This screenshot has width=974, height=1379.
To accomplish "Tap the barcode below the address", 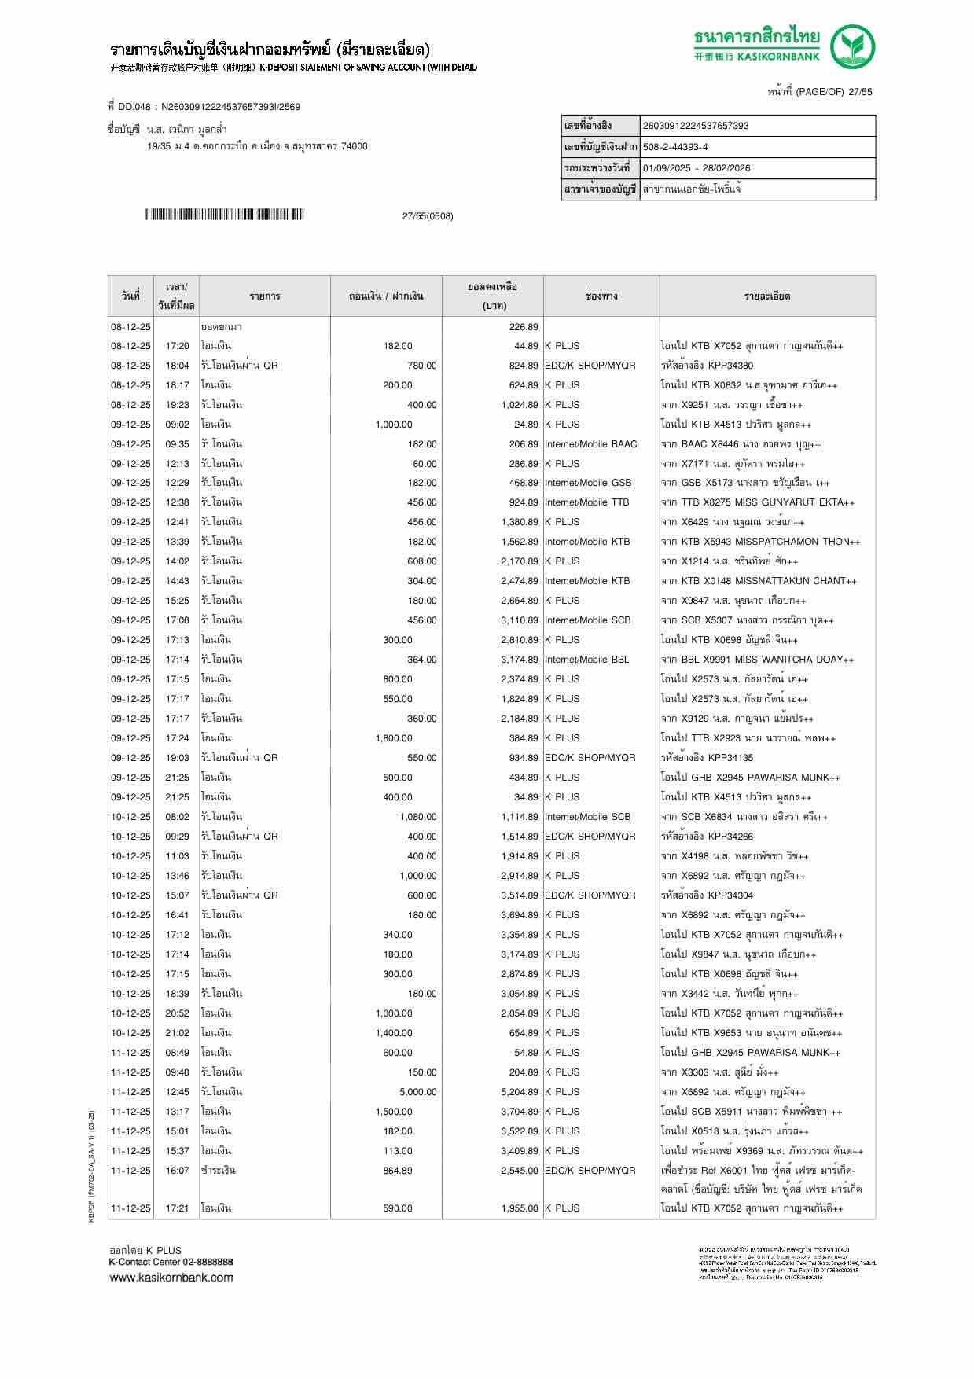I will (x=224, y=215).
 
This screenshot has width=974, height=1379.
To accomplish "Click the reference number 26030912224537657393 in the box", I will (x=695, y=126).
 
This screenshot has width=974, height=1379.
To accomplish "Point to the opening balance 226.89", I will (x=524, y=327).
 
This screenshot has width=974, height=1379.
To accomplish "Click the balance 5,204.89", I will (x=520, y=1092).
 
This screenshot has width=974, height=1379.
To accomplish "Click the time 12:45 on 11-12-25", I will (x=177, y=1092).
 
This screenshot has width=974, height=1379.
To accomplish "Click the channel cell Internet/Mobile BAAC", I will (x=590, y=444).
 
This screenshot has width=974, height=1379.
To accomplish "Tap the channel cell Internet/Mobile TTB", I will (x=586, y=502).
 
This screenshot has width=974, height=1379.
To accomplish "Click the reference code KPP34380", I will (x=730, y=366).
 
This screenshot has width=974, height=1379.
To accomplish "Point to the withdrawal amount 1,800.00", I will (x=394, y=738).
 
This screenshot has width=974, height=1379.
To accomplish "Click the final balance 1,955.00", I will (x=520, y=1208).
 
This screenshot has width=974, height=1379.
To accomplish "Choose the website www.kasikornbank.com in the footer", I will (x=171, y=1278).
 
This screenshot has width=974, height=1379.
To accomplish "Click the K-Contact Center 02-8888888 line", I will (x=171, y=1262).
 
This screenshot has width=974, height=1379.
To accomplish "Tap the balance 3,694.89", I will (x=520, y=915).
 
